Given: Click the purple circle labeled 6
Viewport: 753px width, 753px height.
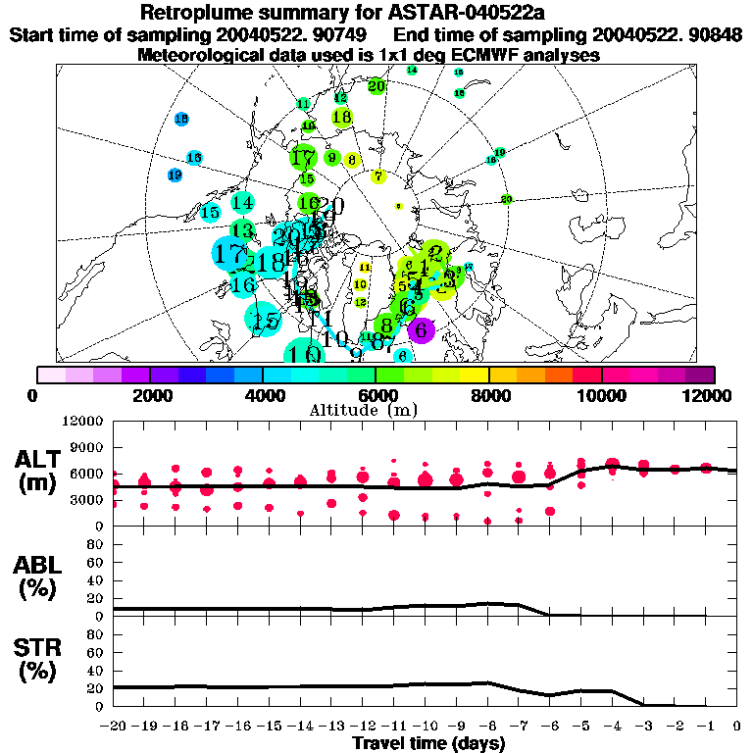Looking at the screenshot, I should click(421, 329).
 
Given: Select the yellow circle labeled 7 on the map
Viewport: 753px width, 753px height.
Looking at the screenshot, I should click(378, 176).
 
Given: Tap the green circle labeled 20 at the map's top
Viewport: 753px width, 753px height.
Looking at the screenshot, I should click(376, 86).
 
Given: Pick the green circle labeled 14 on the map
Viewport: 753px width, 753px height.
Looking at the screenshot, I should click(243, 203).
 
